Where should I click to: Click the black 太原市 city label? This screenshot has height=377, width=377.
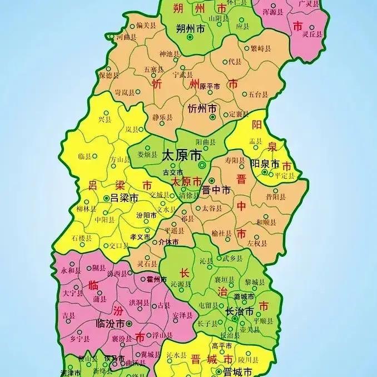tap(180, 156)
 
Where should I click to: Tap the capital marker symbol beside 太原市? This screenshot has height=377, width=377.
tap(202, 165)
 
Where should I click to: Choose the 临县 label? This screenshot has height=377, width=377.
tap(85, 156)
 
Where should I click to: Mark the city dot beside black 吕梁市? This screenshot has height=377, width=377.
tap(106, 197)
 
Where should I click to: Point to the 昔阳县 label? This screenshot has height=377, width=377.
tap(276, 197)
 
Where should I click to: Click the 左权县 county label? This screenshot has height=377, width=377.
tap(257, 242)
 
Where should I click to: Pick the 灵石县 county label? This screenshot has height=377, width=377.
tap(147, 264)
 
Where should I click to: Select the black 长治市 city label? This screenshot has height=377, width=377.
tap(240, 311)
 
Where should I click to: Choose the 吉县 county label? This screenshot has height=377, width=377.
tap(69, 315)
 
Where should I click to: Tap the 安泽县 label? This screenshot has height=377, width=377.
tap(182, 315)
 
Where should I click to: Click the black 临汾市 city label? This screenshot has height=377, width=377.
tap(110, 323)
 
